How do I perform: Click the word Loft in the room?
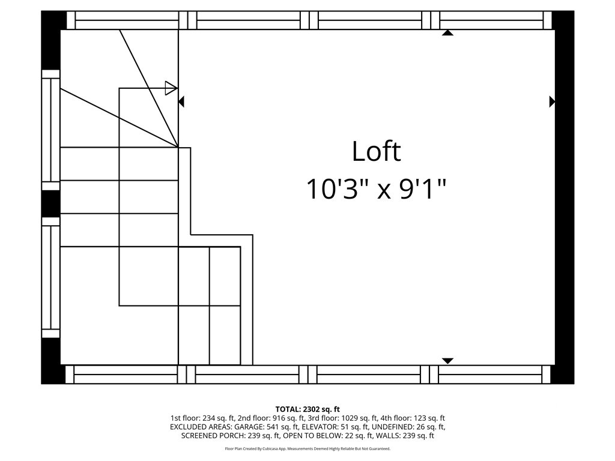(x=376, y=151)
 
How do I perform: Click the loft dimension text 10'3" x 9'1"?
(x=376, y=189)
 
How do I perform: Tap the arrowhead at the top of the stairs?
(x=171, y=88)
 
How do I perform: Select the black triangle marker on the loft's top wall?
(x=447, y=32)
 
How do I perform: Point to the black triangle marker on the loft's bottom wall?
(x=447, y=361)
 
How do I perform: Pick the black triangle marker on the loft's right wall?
(x=552, y=101)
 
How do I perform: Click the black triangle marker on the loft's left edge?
(x=181, y=101)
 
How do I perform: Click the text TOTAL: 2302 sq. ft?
(x=307, y=409)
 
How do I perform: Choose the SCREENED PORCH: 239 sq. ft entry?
(x=231, y=436)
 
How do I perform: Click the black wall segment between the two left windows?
(x=50, y=203)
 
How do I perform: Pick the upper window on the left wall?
(x=50, y=130)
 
